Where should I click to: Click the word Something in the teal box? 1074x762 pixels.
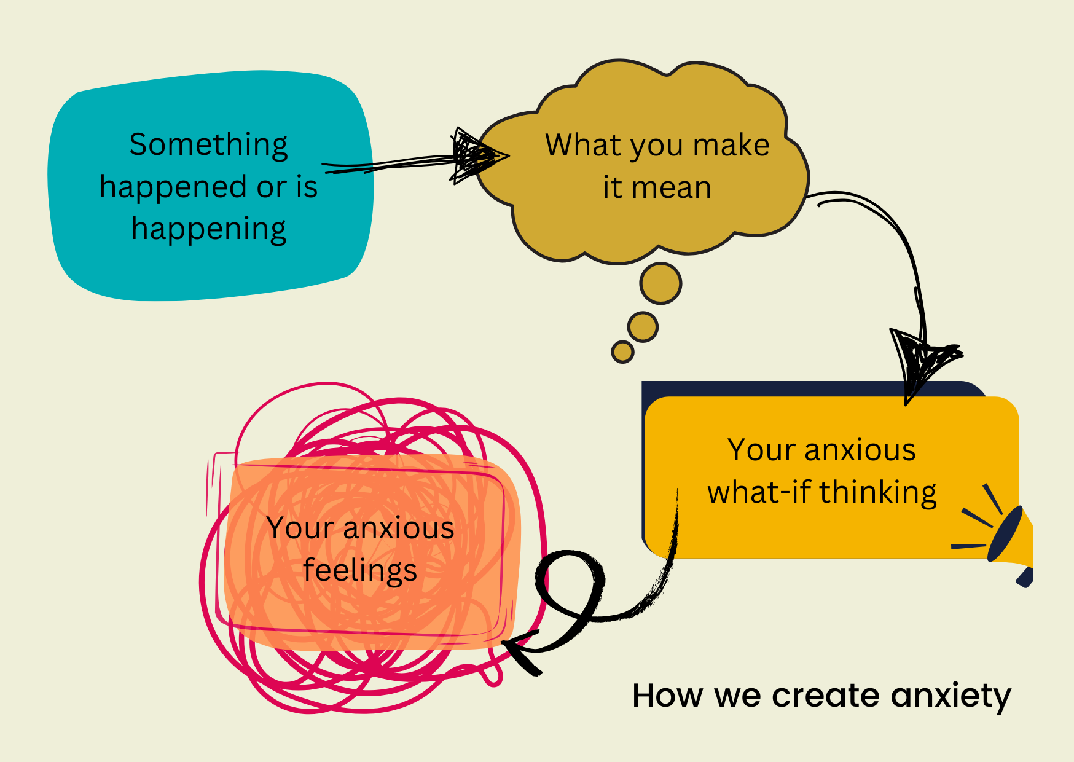(x=208, y=146)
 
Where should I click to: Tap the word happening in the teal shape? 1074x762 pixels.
(x=208, y=229)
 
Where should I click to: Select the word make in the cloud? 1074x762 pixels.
(x=731, y=146)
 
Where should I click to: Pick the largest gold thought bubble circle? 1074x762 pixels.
(x=660, y=283)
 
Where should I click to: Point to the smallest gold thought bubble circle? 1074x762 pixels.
(x=622, y=352)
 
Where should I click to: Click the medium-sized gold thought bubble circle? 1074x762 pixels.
(x=643, y=326)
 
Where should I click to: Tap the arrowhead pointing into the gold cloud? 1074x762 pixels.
(x=476, y=155)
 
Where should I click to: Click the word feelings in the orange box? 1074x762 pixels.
(x=360, y=570)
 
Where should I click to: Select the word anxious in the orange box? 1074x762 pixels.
(x=399, y=528)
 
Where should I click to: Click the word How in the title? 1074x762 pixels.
(x=667, y=696)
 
